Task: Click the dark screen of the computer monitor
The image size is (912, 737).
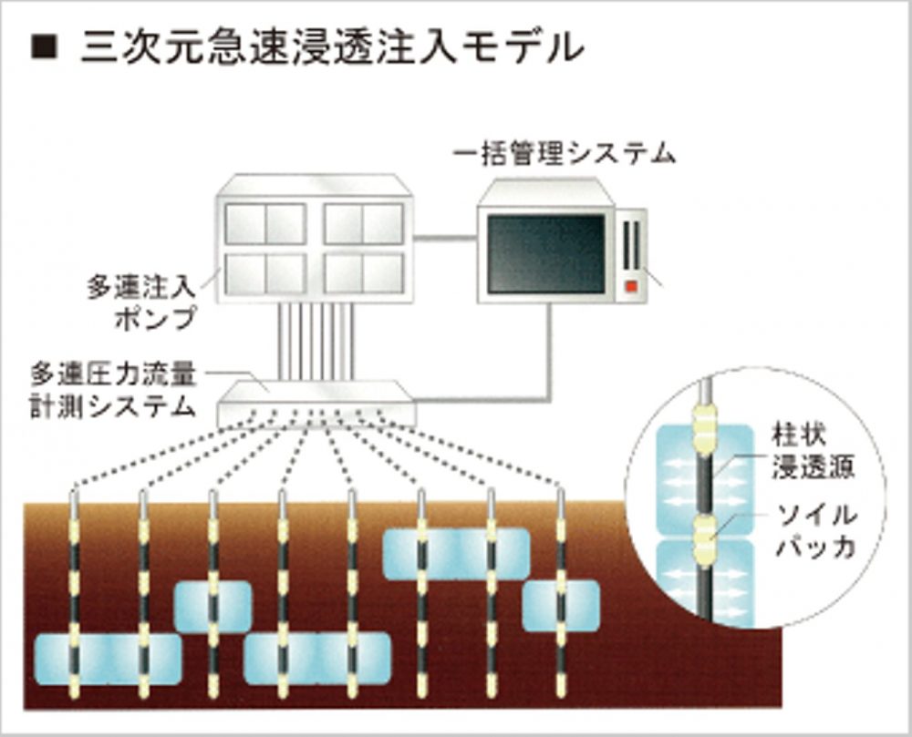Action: pyautogui.click(x=546, y=253)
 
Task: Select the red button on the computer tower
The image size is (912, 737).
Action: pyautogui.click(x=630, y=287)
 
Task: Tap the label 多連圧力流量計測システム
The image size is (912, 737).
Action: pyautogui.click(x=114, y=389)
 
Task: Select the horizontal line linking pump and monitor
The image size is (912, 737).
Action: pyautogui.click(x=445, y=239)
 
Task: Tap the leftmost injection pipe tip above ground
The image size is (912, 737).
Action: pyautogui.click(x=74, y=498)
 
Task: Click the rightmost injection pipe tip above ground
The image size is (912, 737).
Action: pyautogui.click(x=560, y=496)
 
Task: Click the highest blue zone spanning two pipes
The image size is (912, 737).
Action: pyautogui.click(x=456, y=553)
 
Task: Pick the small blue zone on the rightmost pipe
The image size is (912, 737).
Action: pyautogui.click(x=560, y=605)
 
